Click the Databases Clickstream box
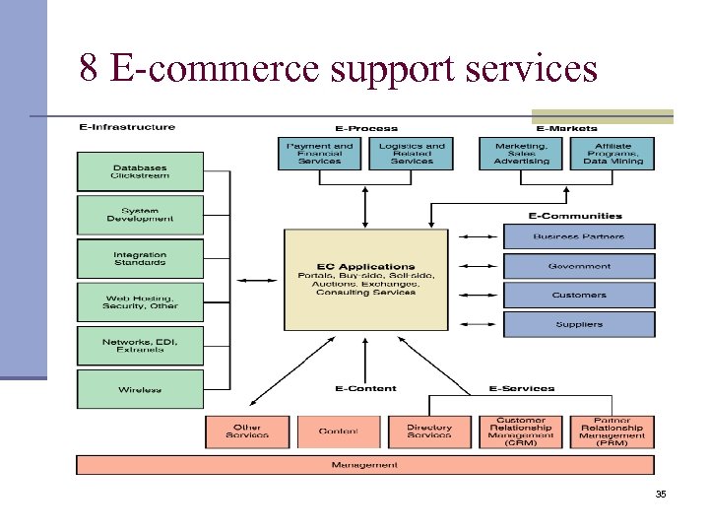click(x=140, y=171)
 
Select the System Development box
click(x=140, y=215)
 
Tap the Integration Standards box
click(x=140, y=258)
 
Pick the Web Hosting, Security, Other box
click(x=140, y=301)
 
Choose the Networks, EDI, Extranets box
click(x=140, y=345)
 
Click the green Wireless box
click(x=140, y=389)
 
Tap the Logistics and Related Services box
click(x=411, y=154)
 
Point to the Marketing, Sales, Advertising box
click(x=521, y=154)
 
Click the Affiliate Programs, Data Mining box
click(x=612, y=154)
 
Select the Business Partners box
click(x=579, y=236)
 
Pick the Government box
click(x=579, y=266)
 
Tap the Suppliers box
click(x=579, y=324)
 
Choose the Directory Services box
click(x=429, y=432)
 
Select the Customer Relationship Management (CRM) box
click(x=521, y=432)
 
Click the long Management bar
click(x=364, y=465)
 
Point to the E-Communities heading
click(x=575, y=216)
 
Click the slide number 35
click(x=661, y=494)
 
